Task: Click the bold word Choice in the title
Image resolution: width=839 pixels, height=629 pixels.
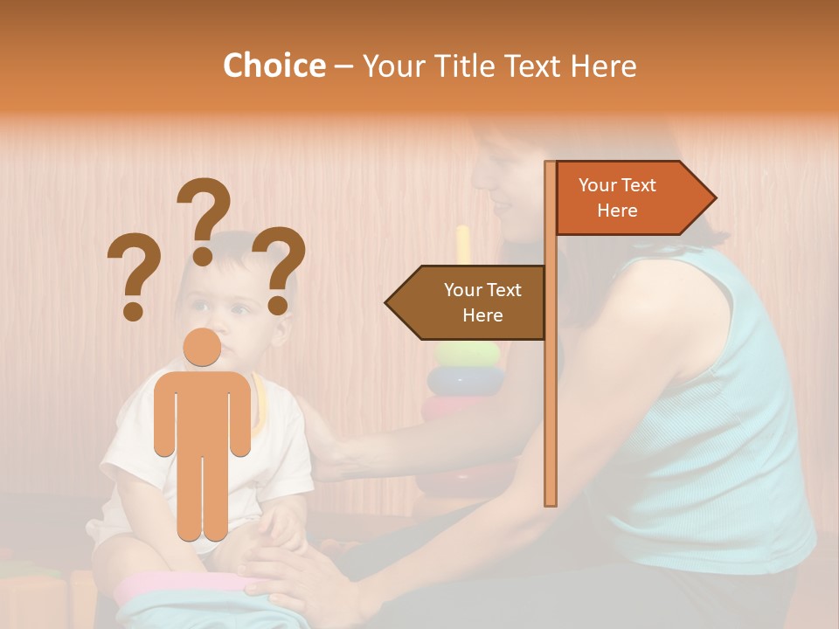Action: click(274, 66)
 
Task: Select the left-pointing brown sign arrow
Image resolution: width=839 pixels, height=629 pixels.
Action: click(468, 302)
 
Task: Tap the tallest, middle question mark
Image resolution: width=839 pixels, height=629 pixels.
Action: click(204, 218)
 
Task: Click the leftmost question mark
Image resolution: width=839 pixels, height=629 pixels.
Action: click(134, 275)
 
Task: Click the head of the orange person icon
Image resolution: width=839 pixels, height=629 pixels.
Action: click(202, 348)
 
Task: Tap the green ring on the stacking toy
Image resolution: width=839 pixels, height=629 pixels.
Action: click(468, 354)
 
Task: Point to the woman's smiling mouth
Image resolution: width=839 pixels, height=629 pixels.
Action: click(501, 208)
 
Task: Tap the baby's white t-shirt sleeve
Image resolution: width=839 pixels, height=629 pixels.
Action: click(122, 454)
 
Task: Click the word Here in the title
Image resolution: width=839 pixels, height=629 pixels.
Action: click(603, 66)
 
